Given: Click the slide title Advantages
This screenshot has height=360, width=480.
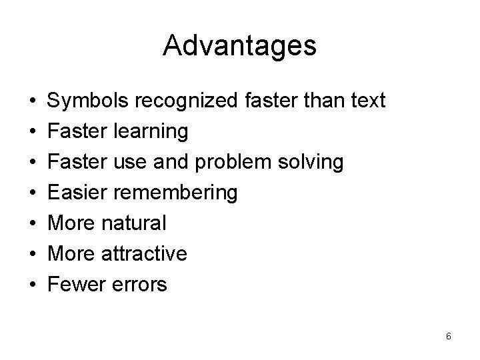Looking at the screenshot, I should (x=239, y=46).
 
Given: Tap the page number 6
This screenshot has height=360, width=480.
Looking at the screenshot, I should (x=449, y=336).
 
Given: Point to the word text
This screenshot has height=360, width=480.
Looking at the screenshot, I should (x=364, y=101).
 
